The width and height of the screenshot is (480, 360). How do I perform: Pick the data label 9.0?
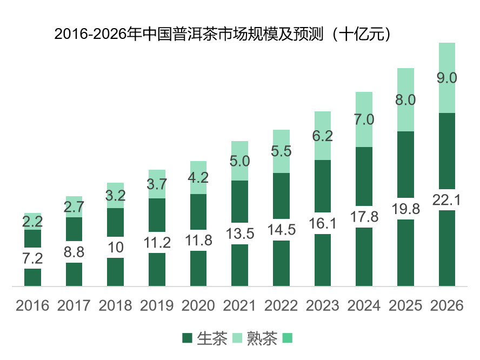coord(446,77)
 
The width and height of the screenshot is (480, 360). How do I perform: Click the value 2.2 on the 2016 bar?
coord(32,221)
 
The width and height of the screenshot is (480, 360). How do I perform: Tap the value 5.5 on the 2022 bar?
coord(281,151)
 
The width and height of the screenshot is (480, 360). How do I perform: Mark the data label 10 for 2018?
coord(115,247)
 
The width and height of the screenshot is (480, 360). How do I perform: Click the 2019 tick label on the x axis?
coord(157,305)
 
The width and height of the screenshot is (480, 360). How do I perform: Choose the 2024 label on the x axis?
coord(364,305)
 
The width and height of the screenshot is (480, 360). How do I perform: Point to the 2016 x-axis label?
coord(32,305)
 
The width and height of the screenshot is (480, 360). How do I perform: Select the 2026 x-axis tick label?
coord(446,305)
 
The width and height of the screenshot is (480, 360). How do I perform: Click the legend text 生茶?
coord(212,339)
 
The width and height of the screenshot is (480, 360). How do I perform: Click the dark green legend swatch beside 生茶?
coord(188,339)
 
